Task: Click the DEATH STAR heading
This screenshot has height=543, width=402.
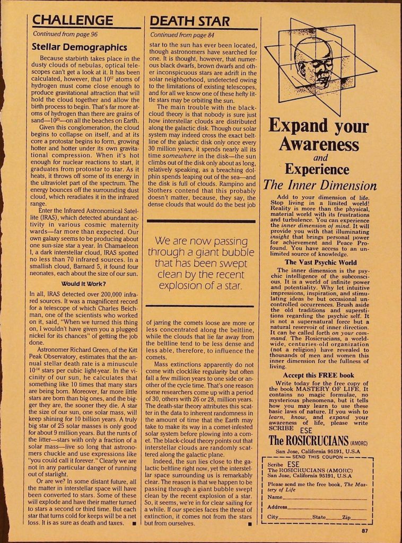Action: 190,21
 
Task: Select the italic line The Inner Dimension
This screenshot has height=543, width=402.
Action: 320,186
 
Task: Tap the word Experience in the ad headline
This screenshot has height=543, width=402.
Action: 317,169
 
